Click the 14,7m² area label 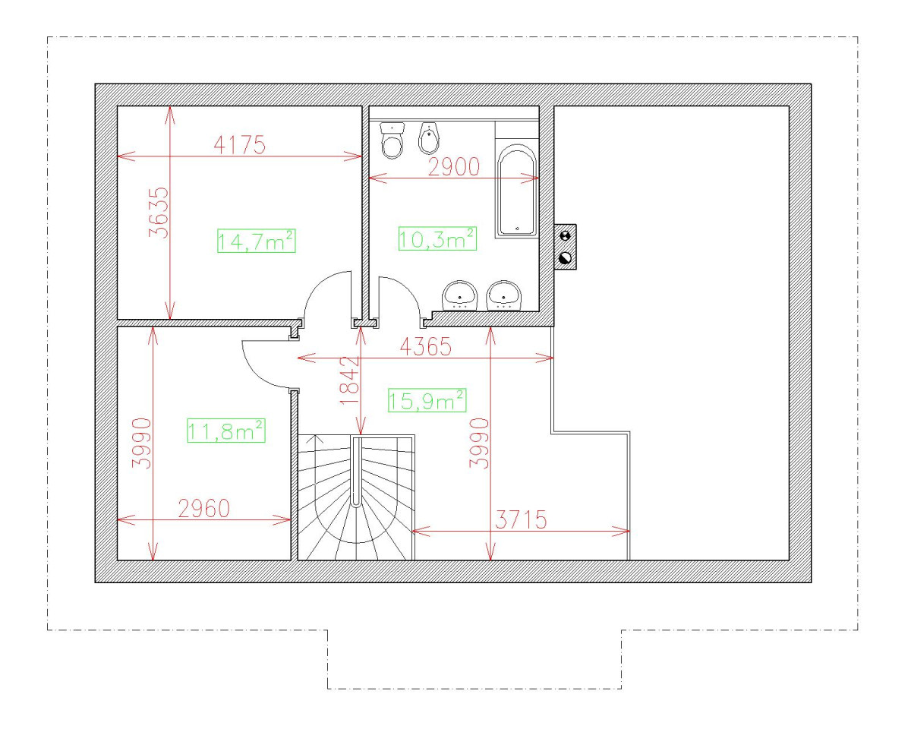[256, 241]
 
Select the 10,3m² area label [437, 239]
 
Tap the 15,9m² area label [427, 400]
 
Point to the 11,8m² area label [226, 431]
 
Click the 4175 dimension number [240, 145]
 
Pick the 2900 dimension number [454, 166]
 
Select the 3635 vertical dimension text [159, 213]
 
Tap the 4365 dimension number [426, 347]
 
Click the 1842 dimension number [350, 380]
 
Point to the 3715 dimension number [521, 519]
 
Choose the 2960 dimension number [204, 509]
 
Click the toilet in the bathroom [392, 140]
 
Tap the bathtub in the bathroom [516, 190]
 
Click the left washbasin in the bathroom [460, 295]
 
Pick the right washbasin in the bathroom [504, 295]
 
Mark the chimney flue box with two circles [566, 247]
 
